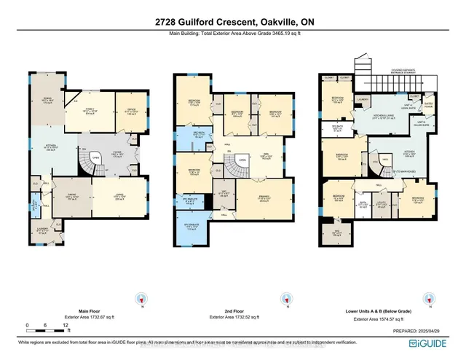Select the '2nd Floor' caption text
(233, 312)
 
